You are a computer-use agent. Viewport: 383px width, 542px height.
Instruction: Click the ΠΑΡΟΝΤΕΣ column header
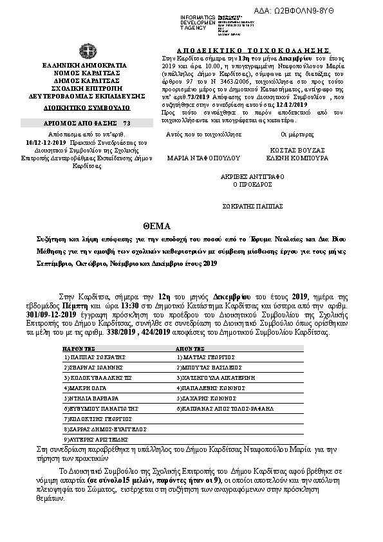point(80,346)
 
